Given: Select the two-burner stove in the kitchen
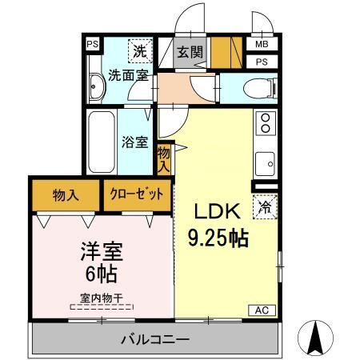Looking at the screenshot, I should coord(265,124).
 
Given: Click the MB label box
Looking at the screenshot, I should coord(262,45).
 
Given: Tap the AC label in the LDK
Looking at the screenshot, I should coord(262,310).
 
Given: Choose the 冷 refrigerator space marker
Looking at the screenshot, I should coord(265,206).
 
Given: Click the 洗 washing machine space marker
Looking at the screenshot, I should coord(138,48).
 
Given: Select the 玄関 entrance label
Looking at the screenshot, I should coord(189,53).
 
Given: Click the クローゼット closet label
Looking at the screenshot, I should coord(137,194).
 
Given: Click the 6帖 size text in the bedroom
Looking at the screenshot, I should coord(102,274).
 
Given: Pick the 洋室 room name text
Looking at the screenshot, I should coord(102,250).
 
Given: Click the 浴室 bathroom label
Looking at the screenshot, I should coord(134,142).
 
